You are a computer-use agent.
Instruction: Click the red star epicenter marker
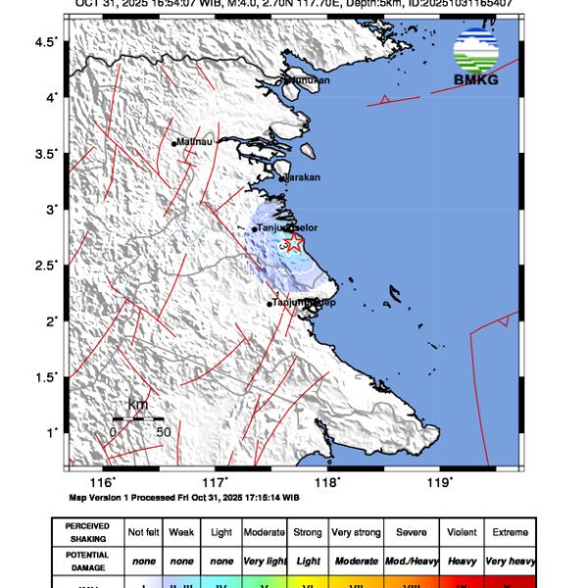[293, 242]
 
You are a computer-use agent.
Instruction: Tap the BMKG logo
[476, 58]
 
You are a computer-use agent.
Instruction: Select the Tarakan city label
[302, 177]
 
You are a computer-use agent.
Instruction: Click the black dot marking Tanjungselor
[255, 229]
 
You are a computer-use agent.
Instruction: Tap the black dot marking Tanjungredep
[269, 304]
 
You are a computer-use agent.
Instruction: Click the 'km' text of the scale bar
[138, 405]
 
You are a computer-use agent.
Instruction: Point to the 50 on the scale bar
[164, 431]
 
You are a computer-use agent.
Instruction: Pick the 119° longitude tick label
[439, 481]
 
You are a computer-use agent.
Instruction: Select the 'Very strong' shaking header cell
[355, 532]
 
